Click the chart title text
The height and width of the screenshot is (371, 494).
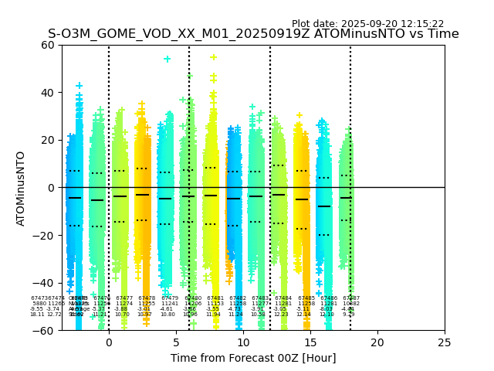tap(253, 34)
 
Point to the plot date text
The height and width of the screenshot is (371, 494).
tap(367, 24)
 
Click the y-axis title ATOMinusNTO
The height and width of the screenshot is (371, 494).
tap(22, 188)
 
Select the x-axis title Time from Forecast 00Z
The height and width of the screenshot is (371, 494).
tap(252, 357)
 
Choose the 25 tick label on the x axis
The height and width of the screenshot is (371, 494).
tap(445, 342)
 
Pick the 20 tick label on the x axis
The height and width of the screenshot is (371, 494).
tap(377, 342)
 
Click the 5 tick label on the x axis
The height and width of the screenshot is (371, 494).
tap(176, 342)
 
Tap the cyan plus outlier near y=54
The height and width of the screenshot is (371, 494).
tap(167, 59)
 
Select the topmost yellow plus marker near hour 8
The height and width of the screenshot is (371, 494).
tap(214, 57)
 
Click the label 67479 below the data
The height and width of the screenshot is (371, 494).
tap(170, 298)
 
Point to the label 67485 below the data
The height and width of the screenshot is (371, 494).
tap(306, 298)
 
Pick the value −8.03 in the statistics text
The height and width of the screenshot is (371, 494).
tap(326, 309)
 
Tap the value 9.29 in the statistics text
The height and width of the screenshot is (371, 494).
tap(349, 315)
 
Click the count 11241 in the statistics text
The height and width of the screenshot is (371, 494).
tap(170, 304)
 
